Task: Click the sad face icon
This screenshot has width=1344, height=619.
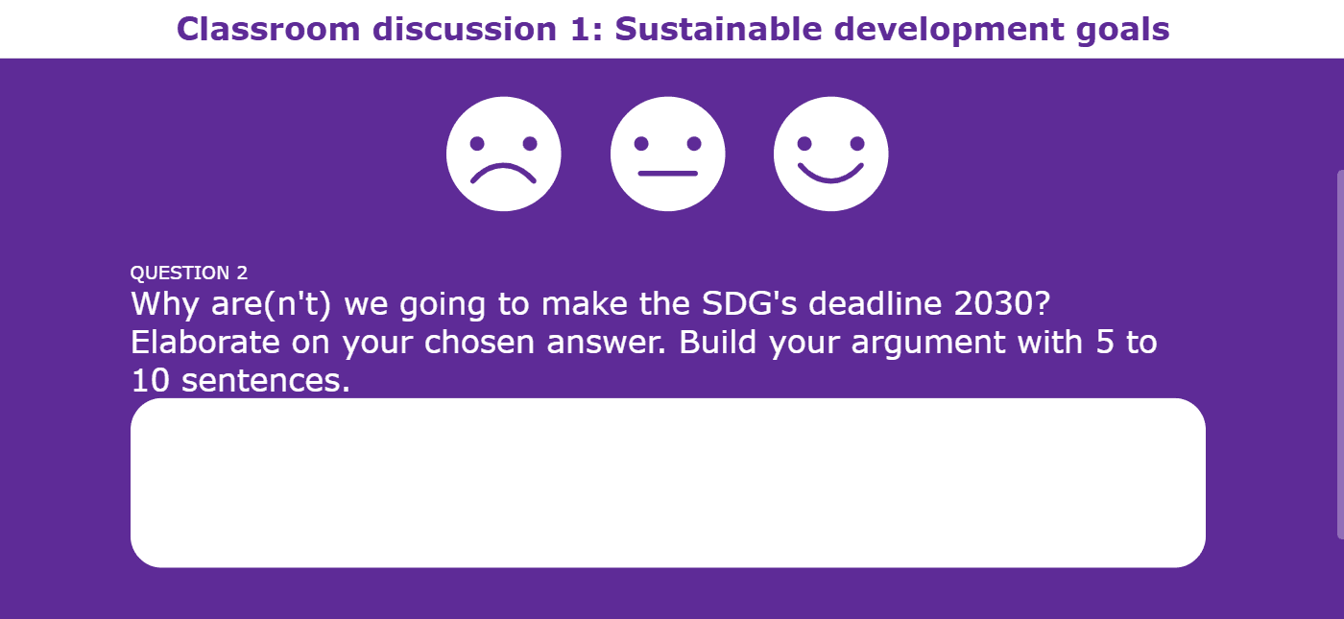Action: point(503,154)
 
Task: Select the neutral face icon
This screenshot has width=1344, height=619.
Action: point(667,154)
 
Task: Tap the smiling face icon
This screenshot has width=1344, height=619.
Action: point(831,154)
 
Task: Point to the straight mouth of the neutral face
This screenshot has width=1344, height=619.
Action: point(667,174)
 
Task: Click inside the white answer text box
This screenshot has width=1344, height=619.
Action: point(668,483)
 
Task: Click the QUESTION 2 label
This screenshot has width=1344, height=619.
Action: point(189,273)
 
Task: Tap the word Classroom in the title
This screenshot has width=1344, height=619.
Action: point(268,29)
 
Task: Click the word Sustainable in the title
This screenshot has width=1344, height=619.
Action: point(718,29)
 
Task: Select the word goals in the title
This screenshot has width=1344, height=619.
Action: point(1122,30)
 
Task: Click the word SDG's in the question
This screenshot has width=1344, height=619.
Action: point(749,303)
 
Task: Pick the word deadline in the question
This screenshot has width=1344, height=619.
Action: point(875,303)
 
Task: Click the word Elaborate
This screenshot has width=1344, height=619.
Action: point(205,342)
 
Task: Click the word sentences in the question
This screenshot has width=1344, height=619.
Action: point(265,381)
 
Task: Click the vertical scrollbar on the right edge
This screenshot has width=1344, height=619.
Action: point(1340,355)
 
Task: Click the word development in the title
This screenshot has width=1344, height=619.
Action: point(948,30)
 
